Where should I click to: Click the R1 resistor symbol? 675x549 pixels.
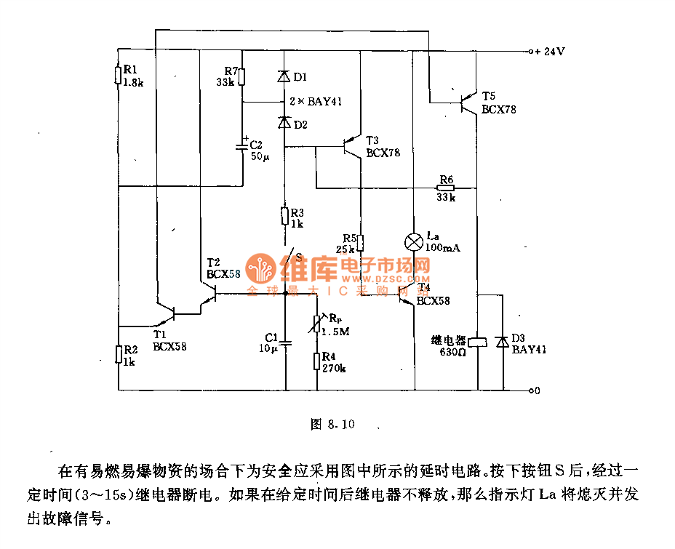tap(118, 76)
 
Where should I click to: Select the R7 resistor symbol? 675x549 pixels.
tap(242, 77)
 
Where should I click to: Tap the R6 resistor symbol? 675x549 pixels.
tap(446, 188)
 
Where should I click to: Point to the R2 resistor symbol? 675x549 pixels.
tap(118, 354)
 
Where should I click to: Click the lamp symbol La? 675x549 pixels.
tap(413, 241)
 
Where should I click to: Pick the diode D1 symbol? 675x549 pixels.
tap(284, 76)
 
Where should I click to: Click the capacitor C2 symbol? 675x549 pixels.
tap(243, 145)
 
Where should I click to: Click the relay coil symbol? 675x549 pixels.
tap(477, 341)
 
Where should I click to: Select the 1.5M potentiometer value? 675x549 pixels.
tap(335, 332)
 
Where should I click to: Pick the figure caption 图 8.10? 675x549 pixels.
tap(332, 424)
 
